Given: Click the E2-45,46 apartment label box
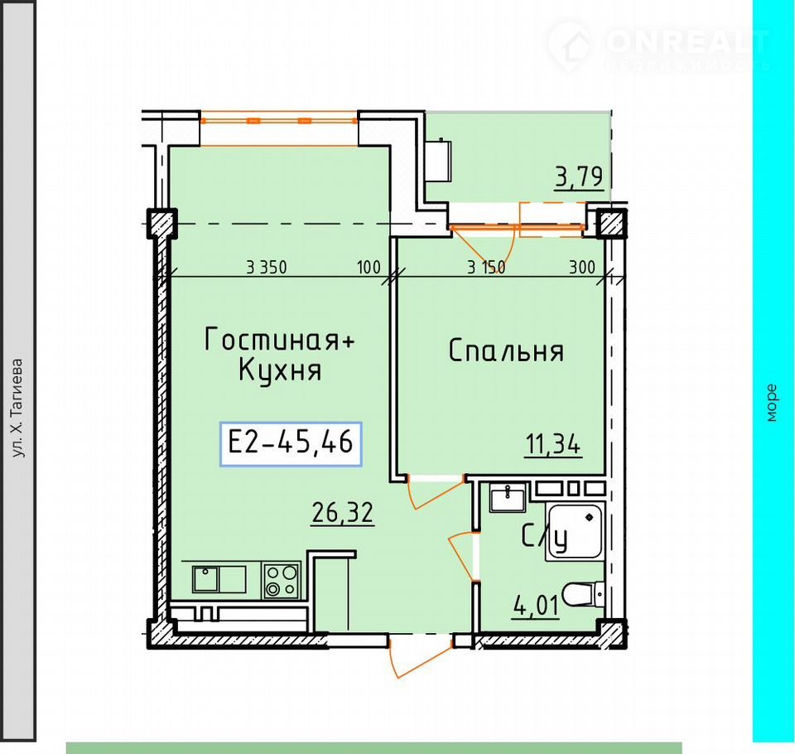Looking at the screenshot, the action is pos(291,443).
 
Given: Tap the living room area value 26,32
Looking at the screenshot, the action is pos(343,513).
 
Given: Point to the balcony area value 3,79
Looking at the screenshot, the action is pos(580,177).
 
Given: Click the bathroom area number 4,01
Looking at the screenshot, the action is pos(537,606).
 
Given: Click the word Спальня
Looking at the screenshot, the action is pos(506,351).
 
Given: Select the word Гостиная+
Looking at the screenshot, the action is pos(279,339).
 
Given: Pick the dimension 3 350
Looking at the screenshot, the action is pos(267,267).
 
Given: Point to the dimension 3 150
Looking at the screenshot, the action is pos(486,268).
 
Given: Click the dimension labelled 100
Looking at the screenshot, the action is pos(369,267).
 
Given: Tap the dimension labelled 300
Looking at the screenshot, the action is pos(582,267).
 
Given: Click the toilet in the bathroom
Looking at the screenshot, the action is pos(584,594).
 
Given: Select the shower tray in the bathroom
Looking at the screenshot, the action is pos(576,531).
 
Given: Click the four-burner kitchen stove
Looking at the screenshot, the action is pos(282,581).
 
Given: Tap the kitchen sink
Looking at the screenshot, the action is pos(219,579).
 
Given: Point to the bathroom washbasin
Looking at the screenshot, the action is pos(508,498).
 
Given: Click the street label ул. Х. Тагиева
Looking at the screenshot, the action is pos(17,408).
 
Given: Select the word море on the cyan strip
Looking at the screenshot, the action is pos(771,403).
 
